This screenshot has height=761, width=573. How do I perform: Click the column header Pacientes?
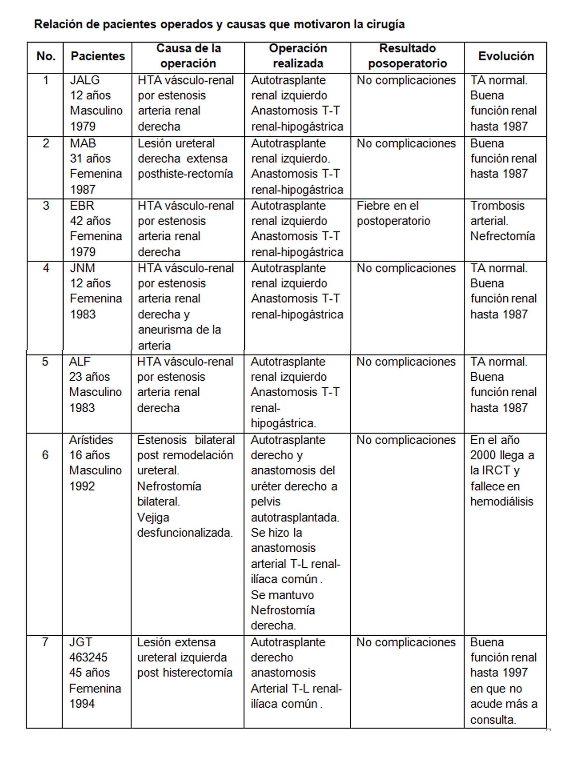(98, 56)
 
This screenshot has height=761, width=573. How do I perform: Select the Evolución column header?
(506, 56)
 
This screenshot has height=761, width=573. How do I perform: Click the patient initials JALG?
(85, 80)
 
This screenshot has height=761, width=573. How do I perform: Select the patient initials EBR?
(82, 206)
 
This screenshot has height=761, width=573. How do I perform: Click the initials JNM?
(82, 268)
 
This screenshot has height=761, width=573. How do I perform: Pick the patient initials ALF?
(79, 362)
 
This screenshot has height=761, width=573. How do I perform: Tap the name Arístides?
(91, 440)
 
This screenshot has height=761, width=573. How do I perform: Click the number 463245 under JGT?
(88, 658)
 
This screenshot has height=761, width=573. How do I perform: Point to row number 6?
(45, 455)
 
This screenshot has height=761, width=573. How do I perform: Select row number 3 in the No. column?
(46, 206)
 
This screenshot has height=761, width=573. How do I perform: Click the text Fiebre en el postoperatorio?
(393, 213)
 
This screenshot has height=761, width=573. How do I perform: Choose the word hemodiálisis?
(501, 502)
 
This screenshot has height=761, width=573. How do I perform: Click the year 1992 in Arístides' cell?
(82, 486)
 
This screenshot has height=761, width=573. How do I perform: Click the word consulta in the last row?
(493, 720)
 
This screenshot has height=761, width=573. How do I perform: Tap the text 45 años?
(89, 672)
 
